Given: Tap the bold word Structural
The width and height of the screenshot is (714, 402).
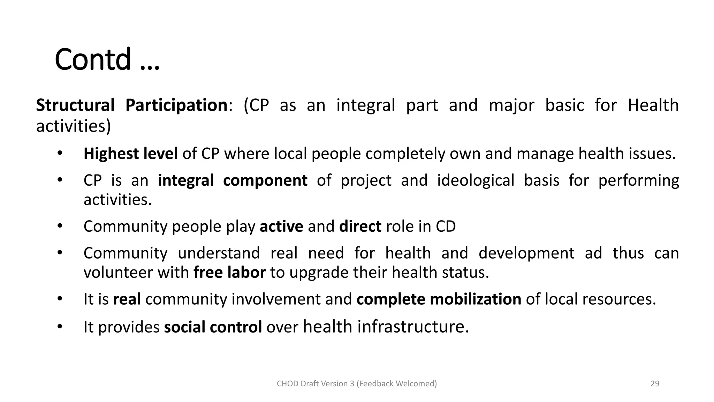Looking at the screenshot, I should pos(75,105).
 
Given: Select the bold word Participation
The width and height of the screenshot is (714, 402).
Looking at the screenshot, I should pos(176,105).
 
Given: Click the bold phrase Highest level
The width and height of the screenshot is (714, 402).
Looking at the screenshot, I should pos(130,154).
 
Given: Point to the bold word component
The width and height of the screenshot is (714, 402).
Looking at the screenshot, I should pos(265,180).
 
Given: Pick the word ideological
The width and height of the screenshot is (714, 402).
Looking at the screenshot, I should pos(476,180).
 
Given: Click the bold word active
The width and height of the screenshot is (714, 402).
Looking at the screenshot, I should pos(281,226).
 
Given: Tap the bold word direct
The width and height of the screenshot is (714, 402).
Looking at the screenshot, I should pos(360,226).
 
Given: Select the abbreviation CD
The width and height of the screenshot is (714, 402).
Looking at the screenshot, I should pos(446,226).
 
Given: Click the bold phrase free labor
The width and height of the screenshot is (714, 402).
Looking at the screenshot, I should pos(229,272).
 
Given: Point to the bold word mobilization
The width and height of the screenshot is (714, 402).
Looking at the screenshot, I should pos(475,299).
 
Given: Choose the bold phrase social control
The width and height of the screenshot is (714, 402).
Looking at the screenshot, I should pos(213,327).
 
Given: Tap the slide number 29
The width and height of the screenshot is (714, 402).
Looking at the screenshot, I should pos(655,384).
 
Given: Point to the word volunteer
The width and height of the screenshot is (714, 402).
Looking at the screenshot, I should pos(118,272).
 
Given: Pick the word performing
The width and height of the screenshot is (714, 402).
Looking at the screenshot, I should pos(638,180).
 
